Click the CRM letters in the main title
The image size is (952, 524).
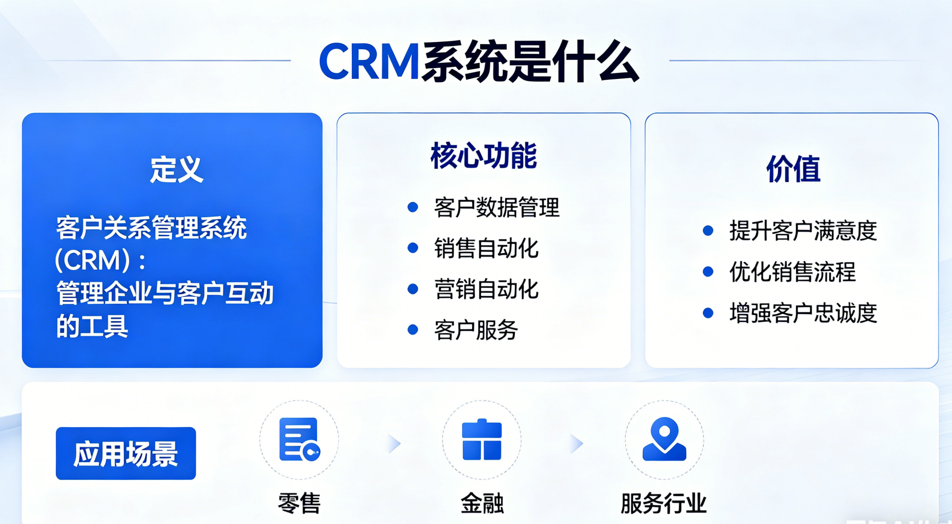pos(369,61)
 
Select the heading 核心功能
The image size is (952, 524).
pos(483,155)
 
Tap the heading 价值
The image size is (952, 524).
pos(793,169)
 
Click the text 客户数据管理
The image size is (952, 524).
pos(497,207)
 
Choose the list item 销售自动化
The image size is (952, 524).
pos(486,248)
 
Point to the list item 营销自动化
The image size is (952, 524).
pos(486,289)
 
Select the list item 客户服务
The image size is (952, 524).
pos(476,330)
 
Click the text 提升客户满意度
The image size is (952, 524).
pos(803,230)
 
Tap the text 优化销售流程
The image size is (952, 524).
pos(793,272)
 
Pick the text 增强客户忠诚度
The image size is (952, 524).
pos(803,313)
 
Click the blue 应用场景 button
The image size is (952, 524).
pos(126,453)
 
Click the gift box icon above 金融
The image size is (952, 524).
pos(482,439)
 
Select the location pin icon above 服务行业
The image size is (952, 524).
pos(664,439)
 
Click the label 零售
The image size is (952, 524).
pos(299,503)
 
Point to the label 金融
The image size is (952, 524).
pos(482,503)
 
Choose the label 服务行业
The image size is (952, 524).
pos(664,503)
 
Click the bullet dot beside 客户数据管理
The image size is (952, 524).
pos(413,207)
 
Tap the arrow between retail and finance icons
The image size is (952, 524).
pos(394,443)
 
